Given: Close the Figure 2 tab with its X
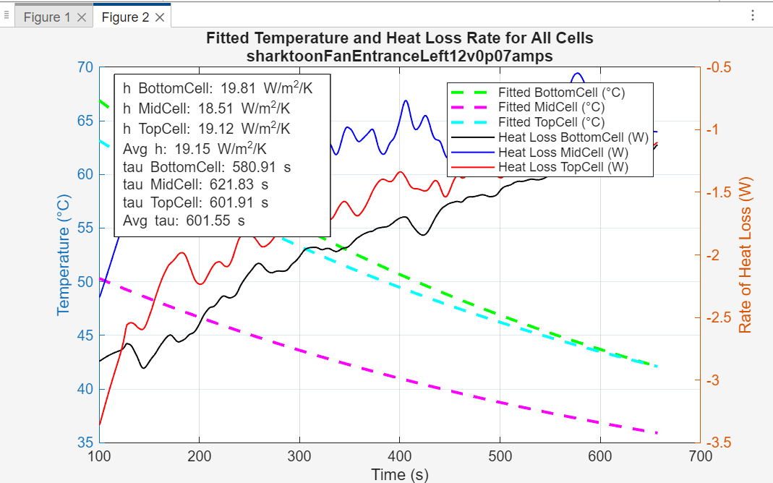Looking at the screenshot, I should pos(160,17).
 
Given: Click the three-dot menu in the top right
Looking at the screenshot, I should pos(753,15).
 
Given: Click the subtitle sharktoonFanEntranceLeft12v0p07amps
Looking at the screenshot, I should pos(399,56).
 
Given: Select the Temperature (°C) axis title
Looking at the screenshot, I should pos(64,255).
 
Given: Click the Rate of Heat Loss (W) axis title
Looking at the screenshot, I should pos(745,255).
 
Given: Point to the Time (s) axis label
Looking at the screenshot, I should pos(399,474).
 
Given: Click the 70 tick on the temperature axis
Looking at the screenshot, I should pos(85,67).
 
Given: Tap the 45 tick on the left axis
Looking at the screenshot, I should pos(85,335).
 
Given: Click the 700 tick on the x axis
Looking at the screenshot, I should pos(700,456).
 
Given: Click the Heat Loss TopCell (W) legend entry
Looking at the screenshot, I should pos(563,167).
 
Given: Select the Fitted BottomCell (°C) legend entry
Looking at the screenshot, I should pos(561,93).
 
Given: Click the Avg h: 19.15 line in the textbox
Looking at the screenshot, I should pos(195,149).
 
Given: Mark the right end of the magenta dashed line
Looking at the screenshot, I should pos(657,433).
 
